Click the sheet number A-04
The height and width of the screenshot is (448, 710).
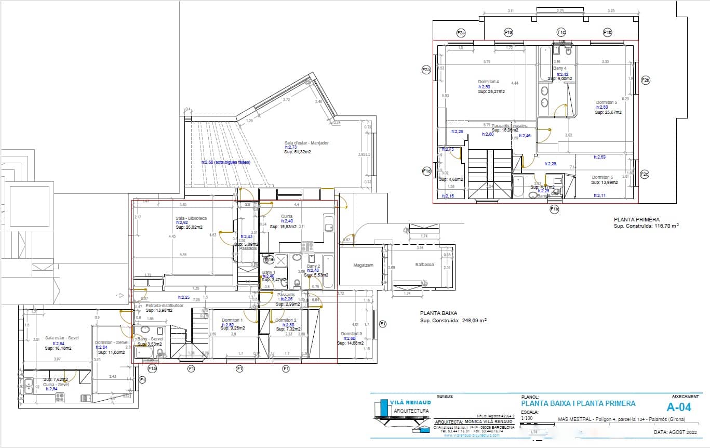tap(679, 406)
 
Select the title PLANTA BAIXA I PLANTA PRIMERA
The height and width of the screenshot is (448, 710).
tap(578, 403)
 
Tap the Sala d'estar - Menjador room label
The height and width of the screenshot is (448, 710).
tap(306, 143)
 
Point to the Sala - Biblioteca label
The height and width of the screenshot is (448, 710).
tap(191, 218)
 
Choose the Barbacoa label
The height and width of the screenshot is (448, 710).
tap(424, 264)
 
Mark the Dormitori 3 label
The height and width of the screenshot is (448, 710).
tap(351, 334)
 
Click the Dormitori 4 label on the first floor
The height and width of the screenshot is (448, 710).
tap(488, 82)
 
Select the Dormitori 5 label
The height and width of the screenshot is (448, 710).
tap(606, 102)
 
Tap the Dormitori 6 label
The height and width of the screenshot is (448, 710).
tap(602, 177)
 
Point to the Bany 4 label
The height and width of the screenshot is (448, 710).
tap(559, 68)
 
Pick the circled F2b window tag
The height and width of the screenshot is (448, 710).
tap(646, 80)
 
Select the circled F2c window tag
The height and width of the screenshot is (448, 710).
tap(645, 174)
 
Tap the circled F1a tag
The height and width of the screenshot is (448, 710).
tap(152, 368)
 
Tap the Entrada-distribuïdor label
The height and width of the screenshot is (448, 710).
tap(164, 306)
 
